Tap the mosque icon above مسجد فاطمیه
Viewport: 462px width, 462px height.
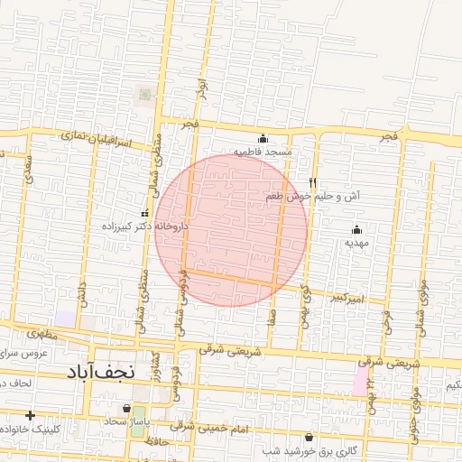263,139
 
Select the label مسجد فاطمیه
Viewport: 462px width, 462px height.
263,152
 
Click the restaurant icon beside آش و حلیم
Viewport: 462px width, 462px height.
313,182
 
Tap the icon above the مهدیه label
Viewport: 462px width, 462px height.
356,229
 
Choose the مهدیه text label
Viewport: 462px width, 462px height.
356,243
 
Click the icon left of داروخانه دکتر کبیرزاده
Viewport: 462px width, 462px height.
145,213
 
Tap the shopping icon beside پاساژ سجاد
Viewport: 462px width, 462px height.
139,408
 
